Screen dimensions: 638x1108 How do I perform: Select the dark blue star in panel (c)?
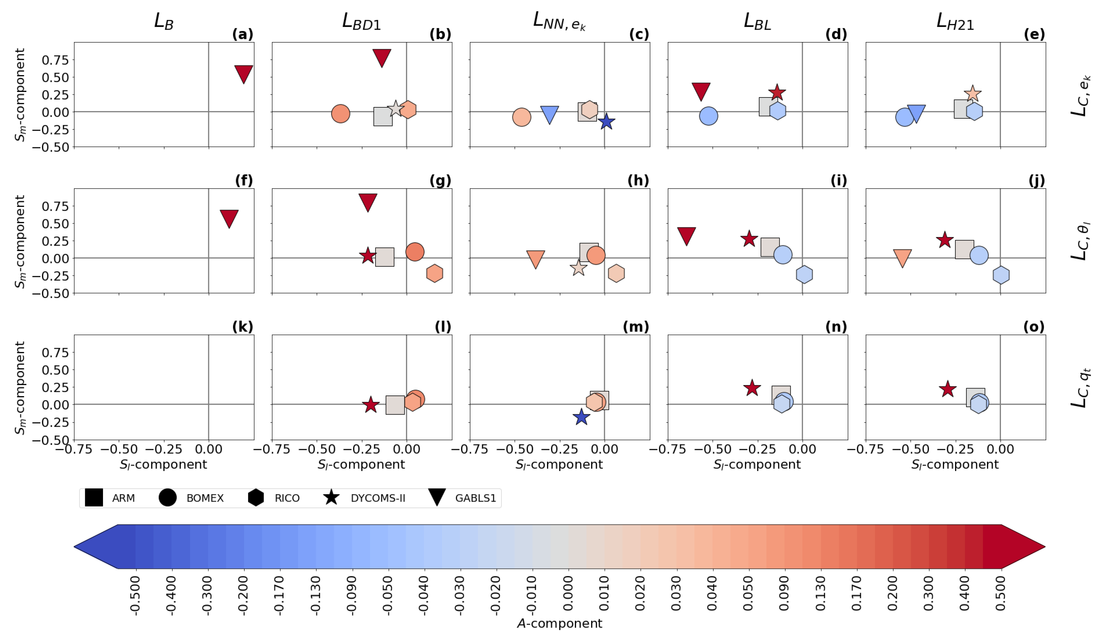point(606,122)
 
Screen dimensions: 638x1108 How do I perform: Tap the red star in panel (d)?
point(777,93)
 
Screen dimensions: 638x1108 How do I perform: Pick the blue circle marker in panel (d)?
point(709,116)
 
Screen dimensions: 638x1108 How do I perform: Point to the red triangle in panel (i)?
point(686,235)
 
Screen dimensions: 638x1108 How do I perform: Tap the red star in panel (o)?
point(948,389)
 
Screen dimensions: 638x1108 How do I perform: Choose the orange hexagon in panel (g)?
point(434,273)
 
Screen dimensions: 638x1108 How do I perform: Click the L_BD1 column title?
point(361,21)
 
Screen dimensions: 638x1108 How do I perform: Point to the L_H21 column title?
point(955,21)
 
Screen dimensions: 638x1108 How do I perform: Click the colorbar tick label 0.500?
point(1001,594)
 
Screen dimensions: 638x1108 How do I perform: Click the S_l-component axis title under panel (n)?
point(757,464)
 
